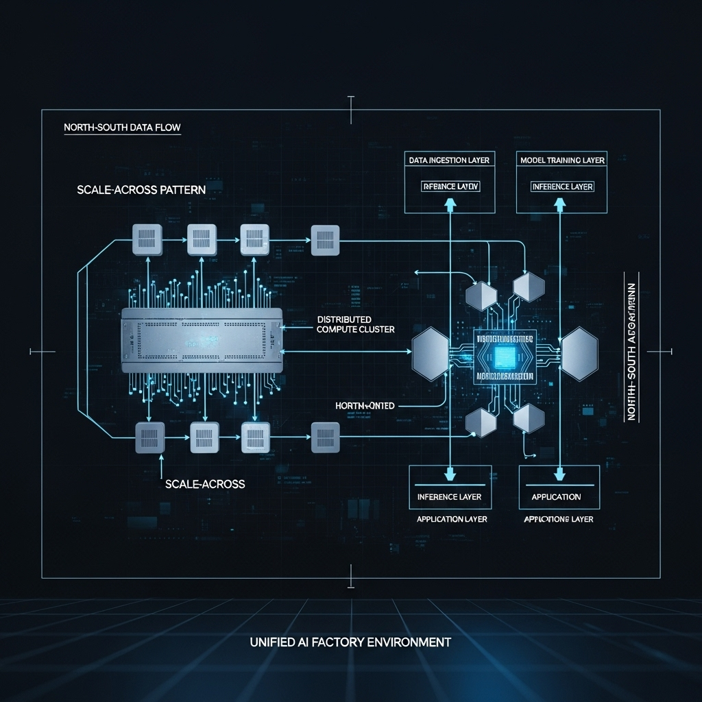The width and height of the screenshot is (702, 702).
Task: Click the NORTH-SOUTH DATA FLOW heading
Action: (122, 128)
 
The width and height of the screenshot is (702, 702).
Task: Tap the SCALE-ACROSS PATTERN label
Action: (141, 190)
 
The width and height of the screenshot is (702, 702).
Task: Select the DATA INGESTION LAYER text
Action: (449, 160)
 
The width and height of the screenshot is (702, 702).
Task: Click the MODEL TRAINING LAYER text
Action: (561, 160)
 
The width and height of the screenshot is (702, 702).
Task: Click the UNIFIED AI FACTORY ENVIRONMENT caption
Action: (350, 642)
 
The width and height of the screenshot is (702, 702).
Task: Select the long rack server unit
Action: (202, 340)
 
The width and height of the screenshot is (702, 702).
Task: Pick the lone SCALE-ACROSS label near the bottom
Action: (205, 483)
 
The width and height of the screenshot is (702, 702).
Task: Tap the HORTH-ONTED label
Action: (365, 406)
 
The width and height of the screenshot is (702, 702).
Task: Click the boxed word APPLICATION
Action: (556, 496)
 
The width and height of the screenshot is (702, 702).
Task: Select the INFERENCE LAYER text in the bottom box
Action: (449, 496)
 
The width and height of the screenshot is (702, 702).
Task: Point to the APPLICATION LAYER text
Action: (452, 519)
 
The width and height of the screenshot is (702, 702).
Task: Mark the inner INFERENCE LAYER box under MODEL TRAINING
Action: (562, 186)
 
